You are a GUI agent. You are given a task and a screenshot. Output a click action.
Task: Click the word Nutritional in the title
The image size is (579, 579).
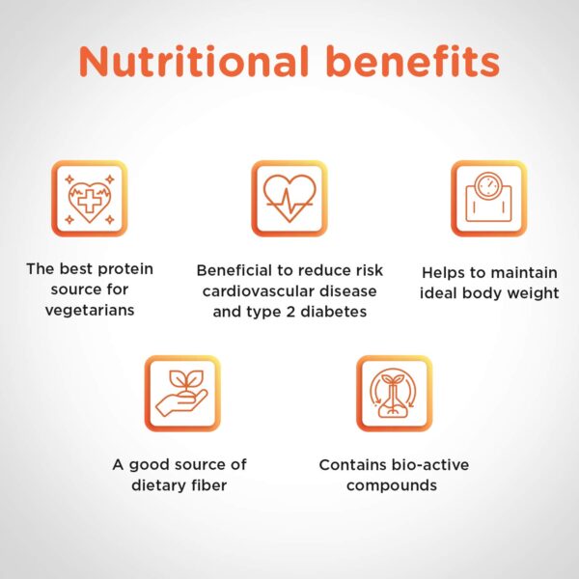[194, 62]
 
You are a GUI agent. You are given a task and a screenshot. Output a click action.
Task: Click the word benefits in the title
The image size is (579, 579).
[413, 62]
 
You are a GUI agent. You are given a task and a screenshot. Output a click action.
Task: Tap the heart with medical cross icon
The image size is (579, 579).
[90, 199]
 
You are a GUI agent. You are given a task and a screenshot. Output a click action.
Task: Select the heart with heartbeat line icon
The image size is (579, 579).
[289, 199]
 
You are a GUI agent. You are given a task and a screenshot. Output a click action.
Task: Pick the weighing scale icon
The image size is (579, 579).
[489, 199]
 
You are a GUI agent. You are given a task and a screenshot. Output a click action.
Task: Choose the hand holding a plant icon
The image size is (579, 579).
[182, 394]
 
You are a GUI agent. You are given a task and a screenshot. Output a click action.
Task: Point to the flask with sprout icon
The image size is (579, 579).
[395, 394]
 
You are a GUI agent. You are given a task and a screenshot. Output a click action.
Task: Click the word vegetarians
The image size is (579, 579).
[90, 311]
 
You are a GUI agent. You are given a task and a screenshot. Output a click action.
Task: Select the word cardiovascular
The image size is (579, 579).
[259, 291]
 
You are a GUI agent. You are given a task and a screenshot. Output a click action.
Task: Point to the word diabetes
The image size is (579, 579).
[334, 312]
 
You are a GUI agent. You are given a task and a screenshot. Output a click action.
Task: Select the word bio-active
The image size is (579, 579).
[430, 465]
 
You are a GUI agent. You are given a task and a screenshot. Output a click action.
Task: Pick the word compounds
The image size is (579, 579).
[392, 486]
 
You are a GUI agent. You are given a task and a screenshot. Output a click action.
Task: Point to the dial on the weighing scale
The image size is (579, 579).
[488, 184]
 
